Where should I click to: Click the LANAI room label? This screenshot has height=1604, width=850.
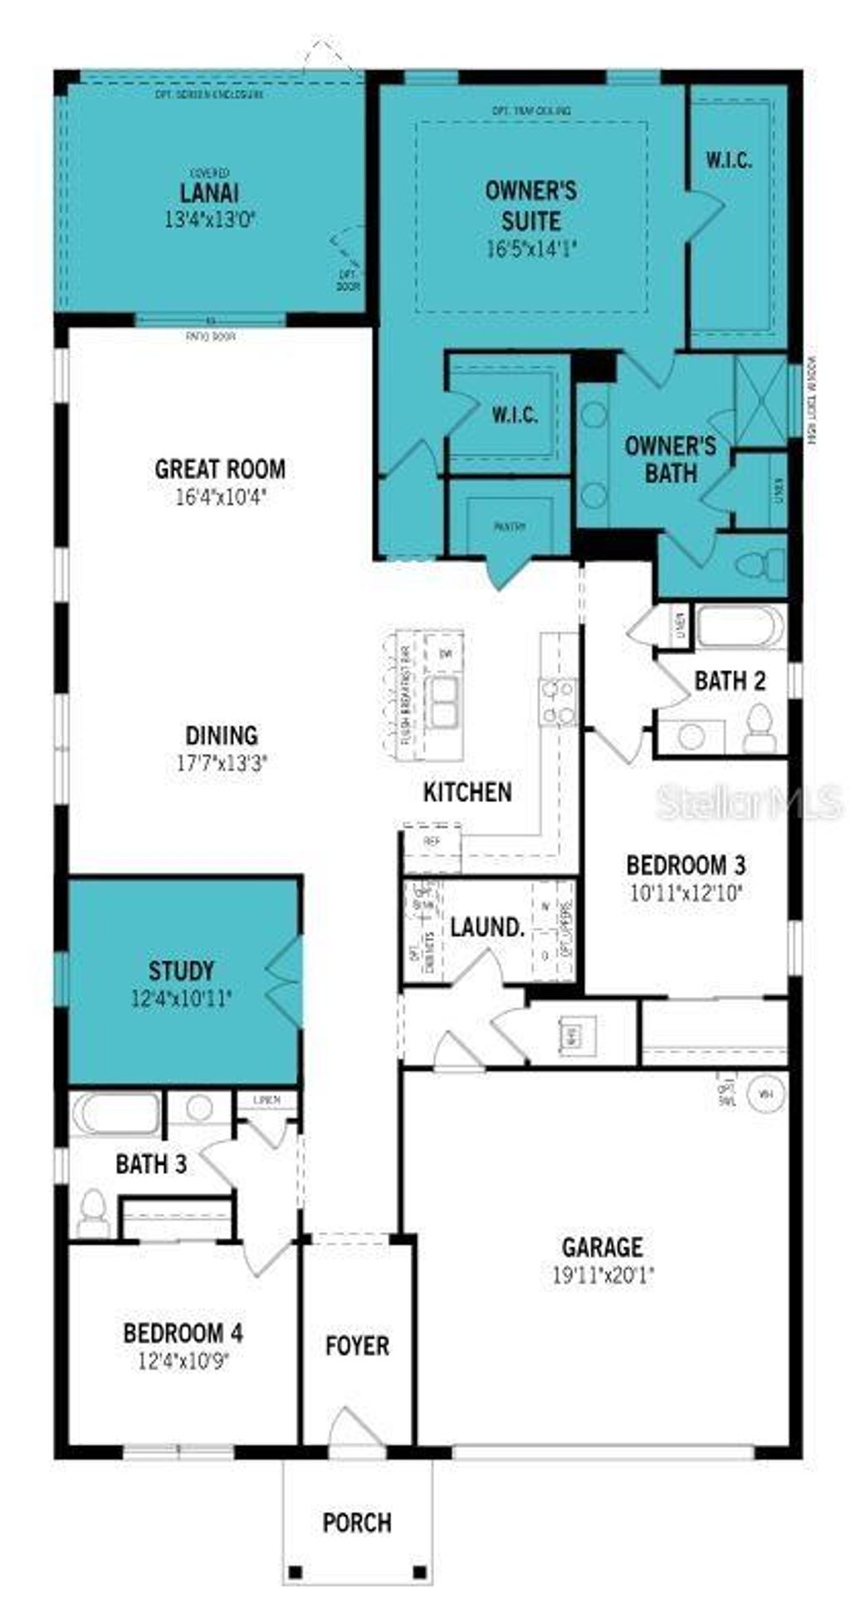(x=209, y=193)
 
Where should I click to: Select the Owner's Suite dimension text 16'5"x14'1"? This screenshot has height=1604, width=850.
(x=530, y=248)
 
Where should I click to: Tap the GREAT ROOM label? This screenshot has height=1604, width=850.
(x=220, y=469)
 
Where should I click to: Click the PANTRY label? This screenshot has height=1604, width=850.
(x=510, y=526)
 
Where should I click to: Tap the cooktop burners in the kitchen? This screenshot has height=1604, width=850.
(x=558, y=702)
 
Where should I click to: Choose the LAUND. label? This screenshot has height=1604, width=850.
(x=487, y=927)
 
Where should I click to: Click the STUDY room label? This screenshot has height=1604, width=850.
(x=181, y=970)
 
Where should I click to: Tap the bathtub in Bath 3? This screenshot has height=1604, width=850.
(x=115, y=1114)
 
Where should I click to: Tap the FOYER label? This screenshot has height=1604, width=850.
(x=357, y=1345)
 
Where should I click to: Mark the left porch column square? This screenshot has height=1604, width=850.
(x=294, y=1572)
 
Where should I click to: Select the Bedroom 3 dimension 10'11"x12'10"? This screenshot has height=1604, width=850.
(x=686, y=893)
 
